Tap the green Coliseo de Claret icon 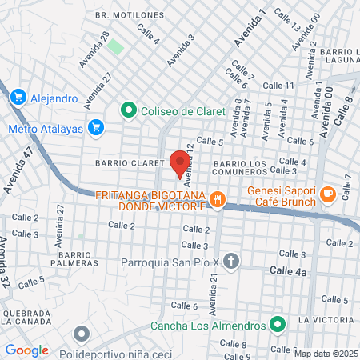coord(127,110)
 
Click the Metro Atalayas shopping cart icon coord(97,127)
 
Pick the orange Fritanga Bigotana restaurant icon coord(216,199)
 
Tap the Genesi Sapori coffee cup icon coord(327,194)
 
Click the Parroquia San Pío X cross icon coord(231,261)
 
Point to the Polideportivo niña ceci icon coord(81,334)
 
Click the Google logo coord(26,350)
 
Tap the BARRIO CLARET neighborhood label coord(129,162)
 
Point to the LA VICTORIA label coord(326,320)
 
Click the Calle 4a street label coord(288,272)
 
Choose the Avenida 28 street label coord(94,50)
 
